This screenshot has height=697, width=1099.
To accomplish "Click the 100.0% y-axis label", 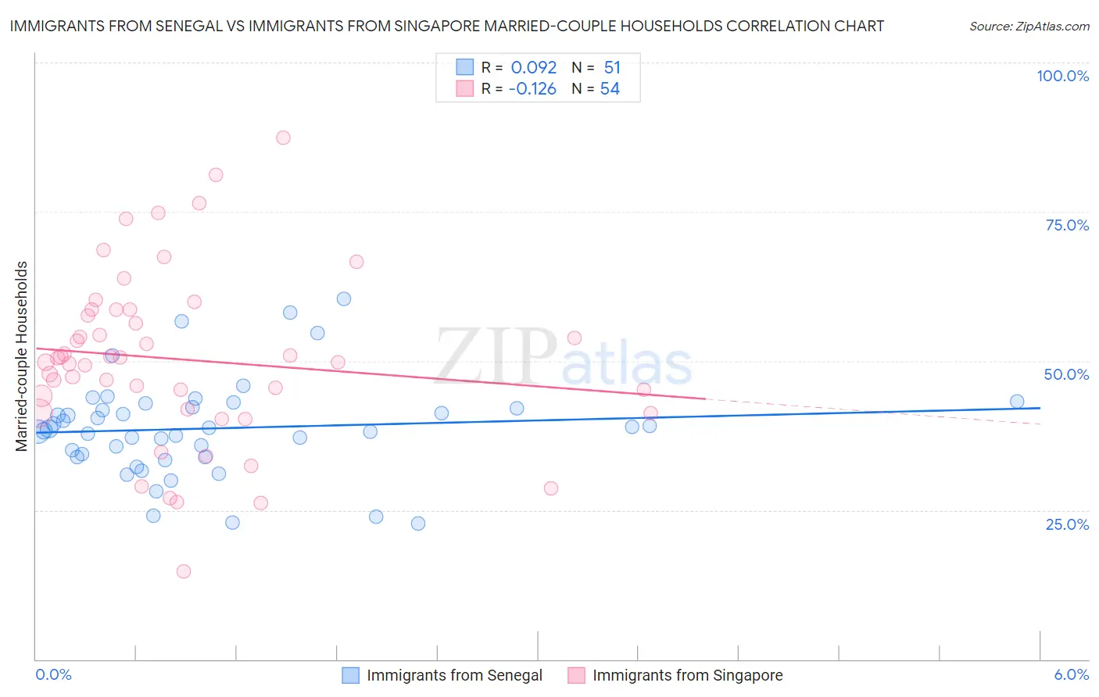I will click(1062, 76).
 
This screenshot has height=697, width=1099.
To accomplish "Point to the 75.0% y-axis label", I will click(1067, 225).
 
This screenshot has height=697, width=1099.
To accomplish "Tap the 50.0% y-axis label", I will click(1066, 374).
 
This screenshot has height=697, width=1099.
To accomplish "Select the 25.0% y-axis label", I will click(1067, 524).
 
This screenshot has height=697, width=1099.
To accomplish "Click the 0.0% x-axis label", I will click(53, 675).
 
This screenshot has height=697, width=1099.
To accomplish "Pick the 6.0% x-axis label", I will click(1071, 675).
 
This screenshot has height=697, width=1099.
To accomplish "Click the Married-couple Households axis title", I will click(21, 356).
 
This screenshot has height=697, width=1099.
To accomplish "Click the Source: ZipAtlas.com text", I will click(1029, 26).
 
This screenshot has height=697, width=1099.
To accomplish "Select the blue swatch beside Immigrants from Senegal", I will click(350, 675).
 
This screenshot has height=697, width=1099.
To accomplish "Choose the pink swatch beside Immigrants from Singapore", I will click(576, 675).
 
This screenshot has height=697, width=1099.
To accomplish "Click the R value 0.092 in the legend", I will click(533, 68).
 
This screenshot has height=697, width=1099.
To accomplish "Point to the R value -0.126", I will click(532, 89).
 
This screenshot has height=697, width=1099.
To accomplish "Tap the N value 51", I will click(612, 68).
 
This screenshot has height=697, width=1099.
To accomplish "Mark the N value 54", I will click(610, 89).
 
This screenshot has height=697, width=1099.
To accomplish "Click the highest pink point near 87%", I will click(283, 138).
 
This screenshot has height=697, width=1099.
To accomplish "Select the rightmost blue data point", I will click(1017, 402).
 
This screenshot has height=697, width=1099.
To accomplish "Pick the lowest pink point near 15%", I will click(184, 571).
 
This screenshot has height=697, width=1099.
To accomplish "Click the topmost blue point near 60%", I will click(344, 298).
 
